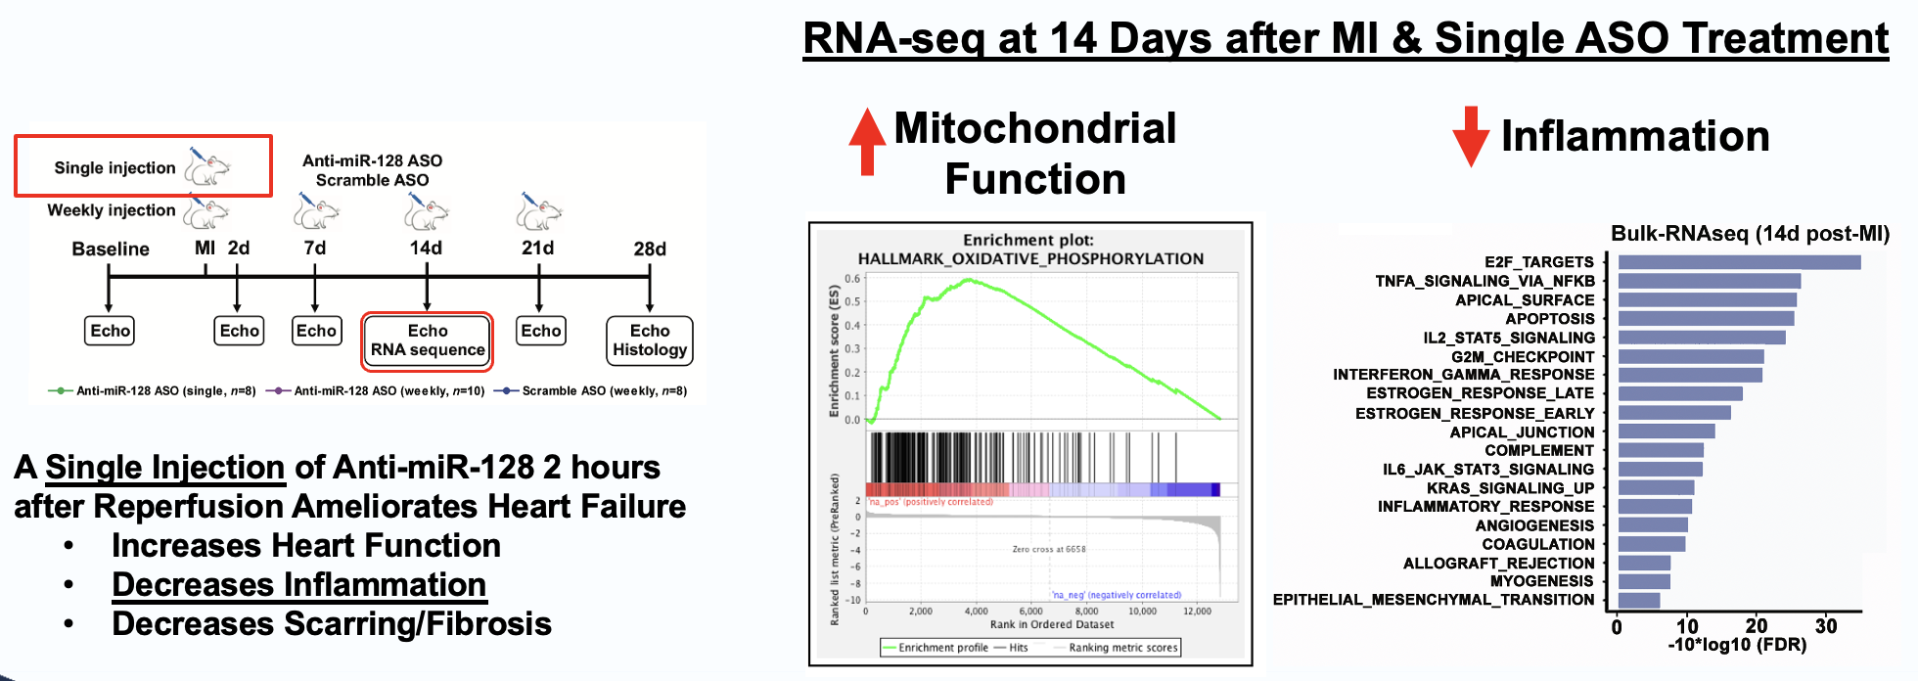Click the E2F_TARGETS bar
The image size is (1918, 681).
(x=1739, y=262)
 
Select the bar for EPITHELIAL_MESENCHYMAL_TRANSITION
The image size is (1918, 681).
(x=1639, y=600)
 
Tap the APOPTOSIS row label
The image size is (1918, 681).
(x=1550, y=319)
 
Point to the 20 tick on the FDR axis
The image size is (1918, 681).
(x=1757, y=626)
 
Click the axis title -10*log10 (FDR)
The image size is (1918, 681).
(x=1737, y=646)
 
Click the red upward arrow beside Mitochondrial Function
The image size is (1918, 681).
(x=867, y=141)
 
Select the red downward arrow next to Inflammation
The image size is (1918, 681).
(x=1471, y=137)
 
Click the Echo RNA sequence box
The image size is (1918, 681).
(x=428, y=340)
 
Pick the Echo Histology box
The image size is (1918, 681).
(x=650, y=340)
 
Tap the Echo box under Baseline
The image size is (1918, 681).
(x=110, y=331)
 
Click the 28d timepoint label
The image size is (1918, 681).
(x=650, y=249)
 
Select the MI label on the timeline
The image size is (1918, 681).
(x=205, y=248)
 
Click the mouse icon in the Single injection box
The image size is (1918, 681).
(x=207, y=168)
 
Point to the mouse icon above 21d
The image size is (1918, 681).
(x=539, y=211)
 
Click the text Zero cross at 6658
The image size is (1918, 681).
(x=1048, y=549)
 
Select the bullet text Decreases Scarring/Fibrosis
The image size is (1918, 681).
(x=332, y=624)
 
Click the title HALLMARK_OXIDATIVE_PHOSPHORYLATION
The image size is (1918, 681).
(x=1030, y=258)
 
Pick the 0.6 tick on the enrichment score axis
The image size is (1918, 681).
(x=852, y=279)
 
